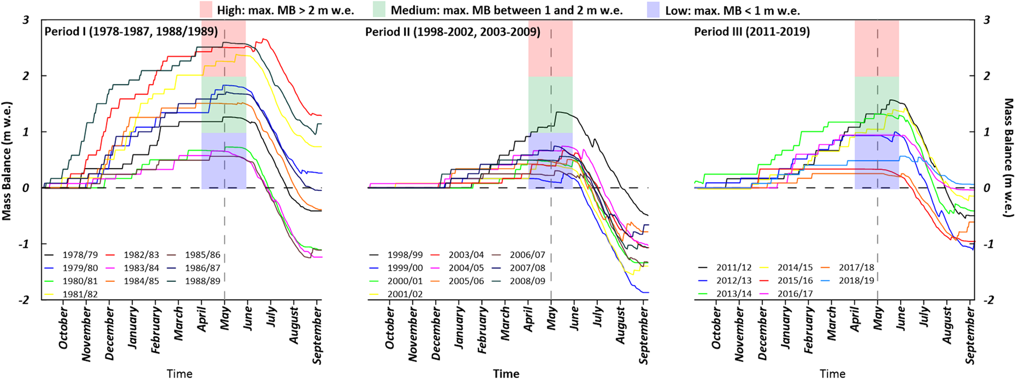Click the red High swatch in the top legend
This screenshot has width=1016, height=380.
[x=206, y=10]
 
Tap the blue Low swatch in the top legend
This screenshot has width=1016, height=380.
[x=653, y=10]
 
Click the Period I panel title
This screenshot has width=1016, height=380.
[x=131, y=31]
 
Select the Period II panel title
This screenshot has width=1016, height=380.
[x=452, y=31]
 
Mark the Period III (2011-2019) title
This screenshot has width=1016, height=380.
[x=752, y=31]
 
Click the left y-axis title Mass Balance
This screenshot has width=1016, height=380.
[x=7, y=160]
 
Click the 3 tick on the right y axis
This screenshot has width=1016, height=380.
[x=987, y=20]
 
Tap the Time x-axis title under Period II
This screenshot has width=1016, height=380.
[x=506, y=373]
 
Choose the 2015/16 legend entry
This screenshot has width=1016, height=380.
[x=795, y=281]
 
